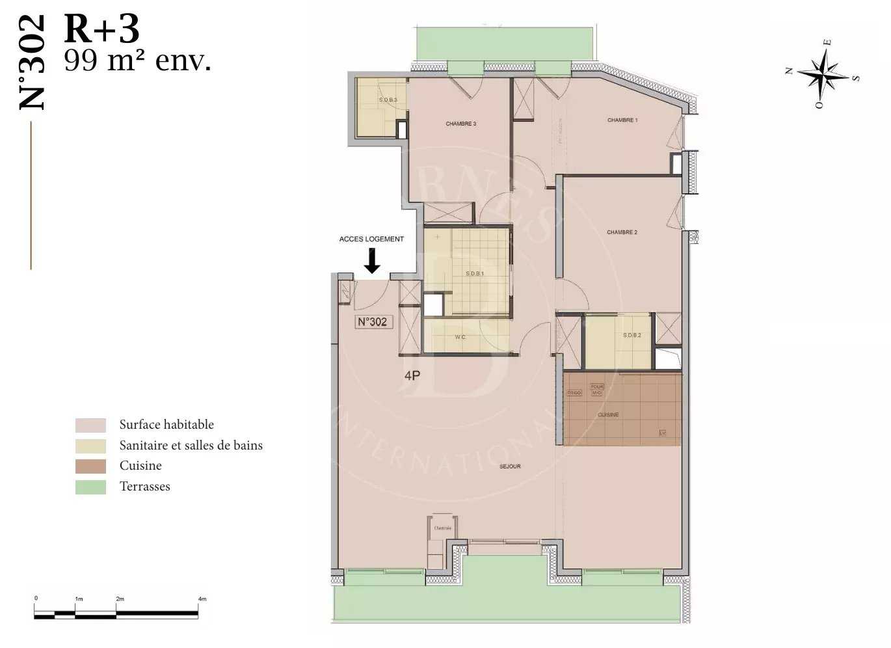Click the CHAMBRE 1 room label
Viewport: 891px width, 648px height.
622,120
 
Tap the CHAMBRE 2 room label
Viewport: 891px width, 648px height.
622,232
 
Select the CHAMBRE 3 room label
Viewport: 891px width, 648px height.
460,124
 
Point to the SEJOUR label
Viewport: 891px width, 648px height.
510,466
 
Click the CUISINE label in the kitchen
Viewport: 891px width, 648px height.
608,414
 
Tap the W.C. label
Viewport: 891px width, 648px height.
460,337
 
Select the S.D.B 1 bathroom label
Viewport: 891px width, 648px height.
475,274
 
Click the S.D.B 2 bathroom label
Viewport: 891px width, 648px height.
632,335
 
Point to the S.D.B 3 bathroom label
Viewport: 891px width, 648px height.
388,100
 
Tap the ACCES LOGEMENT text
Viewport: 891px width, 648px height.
371,239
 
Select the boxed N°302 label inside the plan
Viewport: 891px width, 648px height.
373,321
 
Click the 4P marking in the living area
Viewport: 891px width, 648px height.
412,375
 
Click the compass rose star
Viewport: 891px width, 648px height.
823,74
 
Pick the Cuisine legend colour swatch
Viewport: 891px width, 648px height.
90,466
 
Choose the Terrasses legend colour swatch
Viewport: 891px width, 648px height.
90,487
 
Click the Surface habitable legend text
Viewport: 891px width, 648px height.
166,425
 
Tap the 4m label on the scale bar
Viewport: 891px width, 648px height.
202,599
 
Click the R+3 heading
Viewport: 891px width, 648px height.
102,29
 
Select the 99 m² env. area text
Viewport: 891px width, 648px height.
137,61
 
